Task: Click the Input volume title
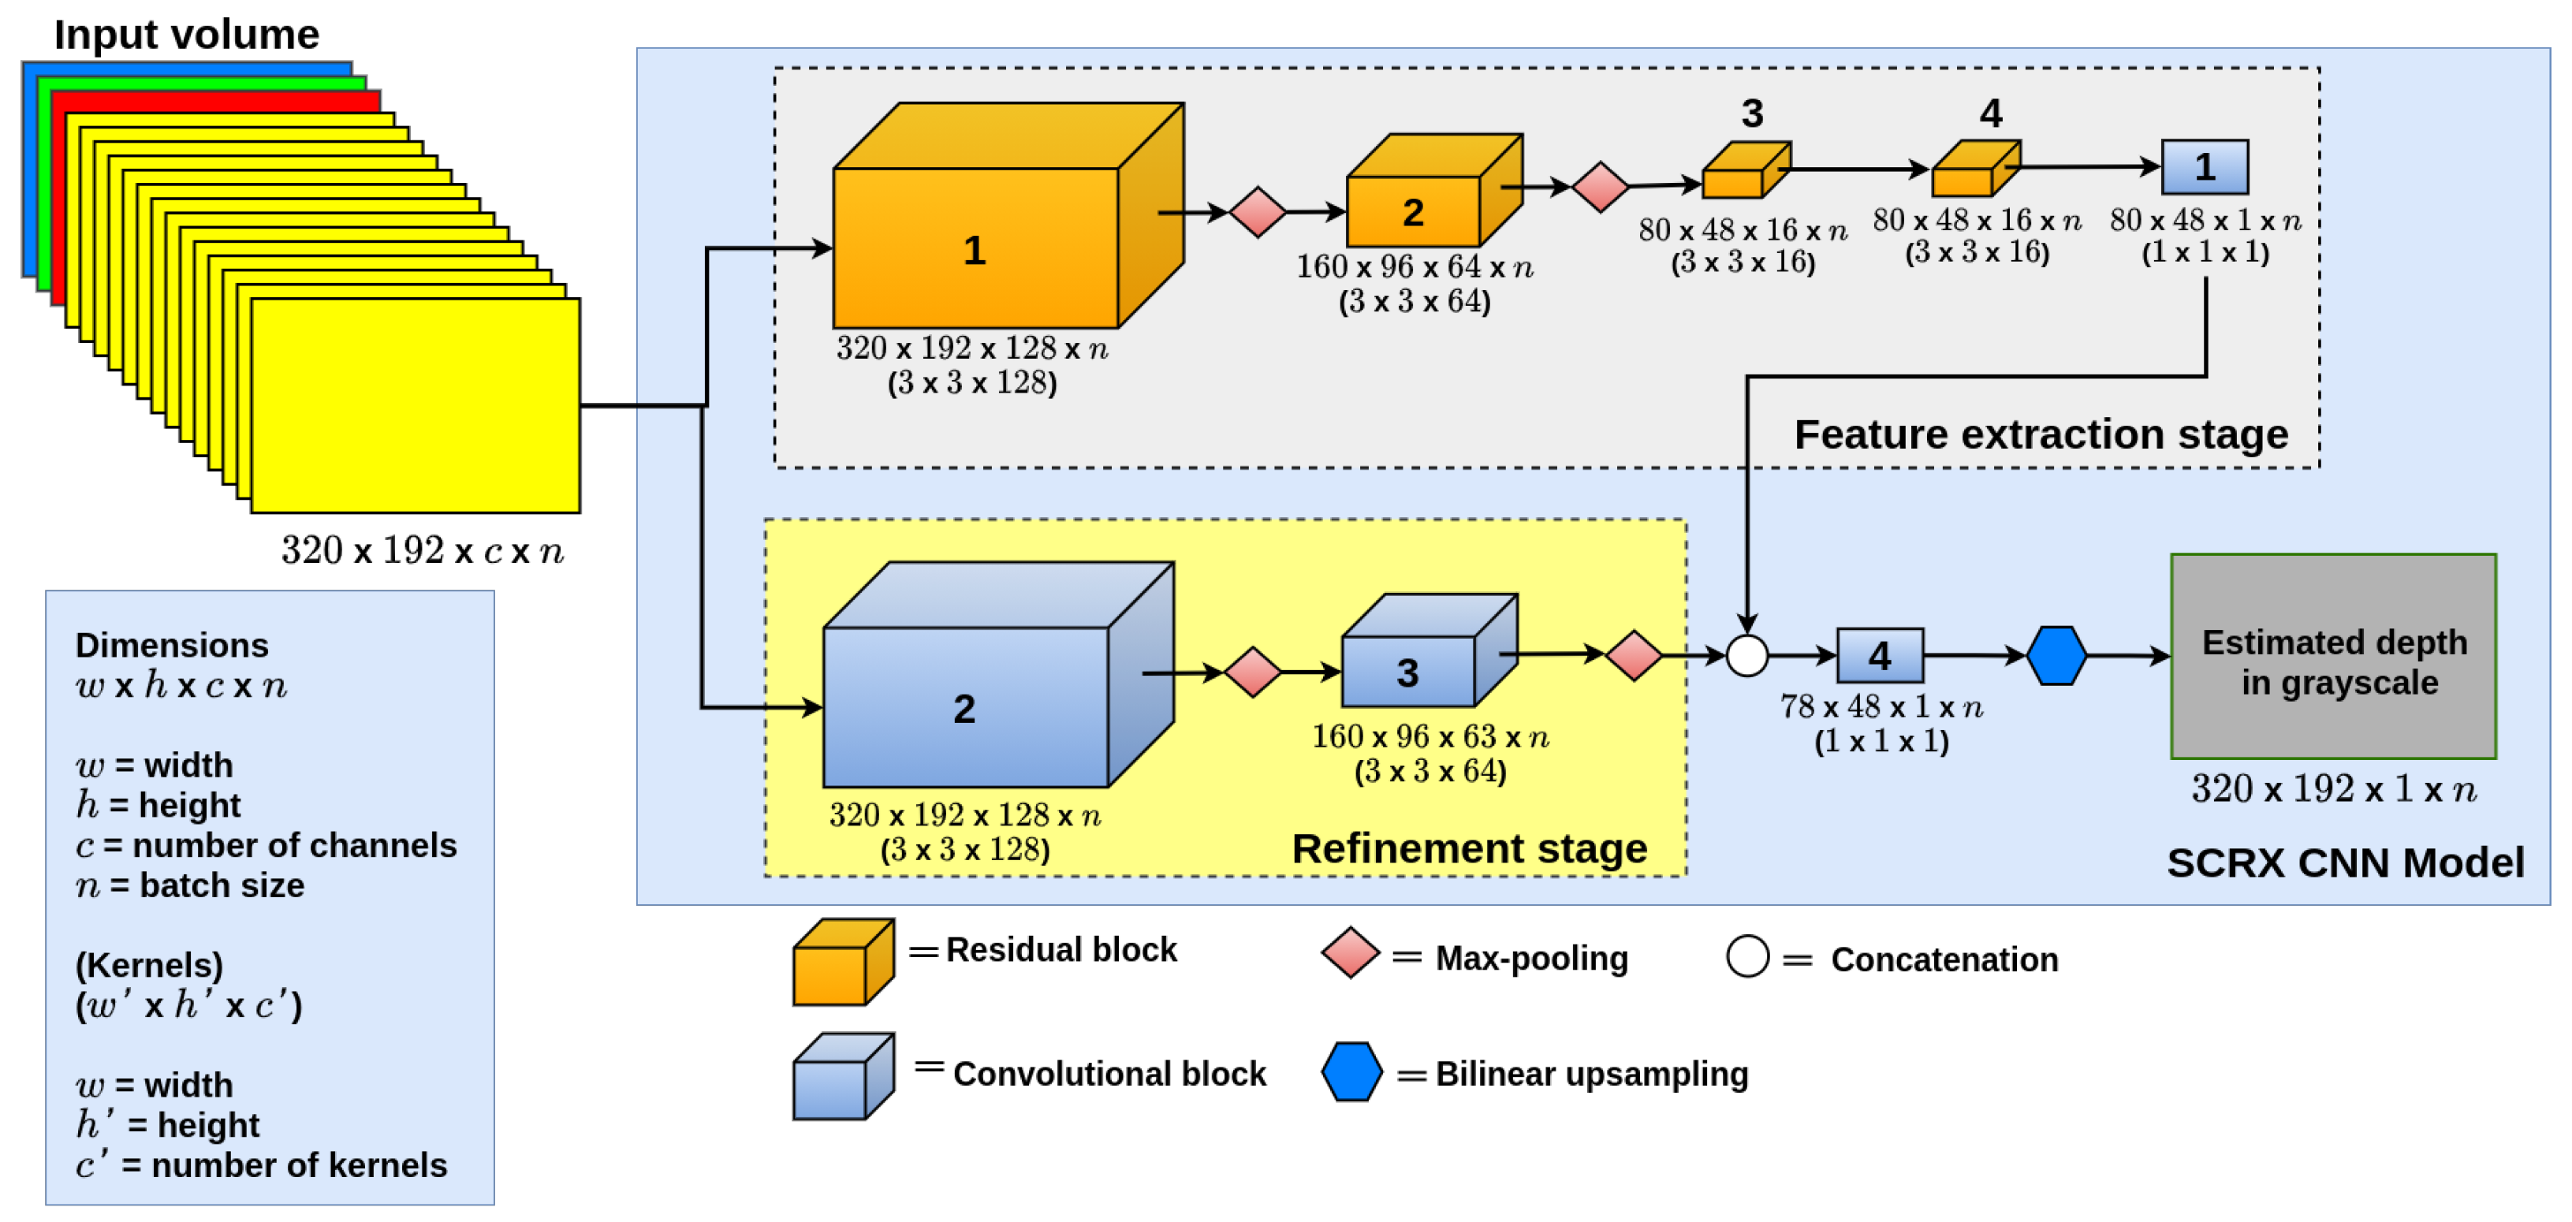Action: pyautogui.click(x=187, y=35)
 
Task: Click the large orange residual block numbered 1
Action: pyautogui.click(x=975, y=248)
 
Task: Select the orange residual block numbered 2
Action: pyautogui.click(x=1412, y=210)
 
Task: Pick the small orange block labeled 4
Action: pyautogui.click(x=1973, y=172)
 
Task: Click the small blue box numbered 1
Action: pyautogui.click(x=2204, y=166)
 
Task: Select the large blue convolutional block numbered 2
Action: pyautogui.click(x=964, y=707)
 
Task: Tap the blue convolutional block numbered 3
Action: pyautogui.click(x=1407, y=671)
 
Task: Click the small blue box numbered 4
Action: pyautogui.click(x=1879, y=655)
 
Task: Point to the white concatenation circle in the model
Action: pyautogui.click(x=1746, y=656)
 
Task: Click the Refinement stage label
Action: pyautogui.click(x=1469, y=848)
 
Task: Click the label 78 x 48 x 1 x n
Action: pyautogui.click(x=1880, y=707)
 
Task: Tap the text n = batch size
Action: pyautogui.click(x=190, y=885)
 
